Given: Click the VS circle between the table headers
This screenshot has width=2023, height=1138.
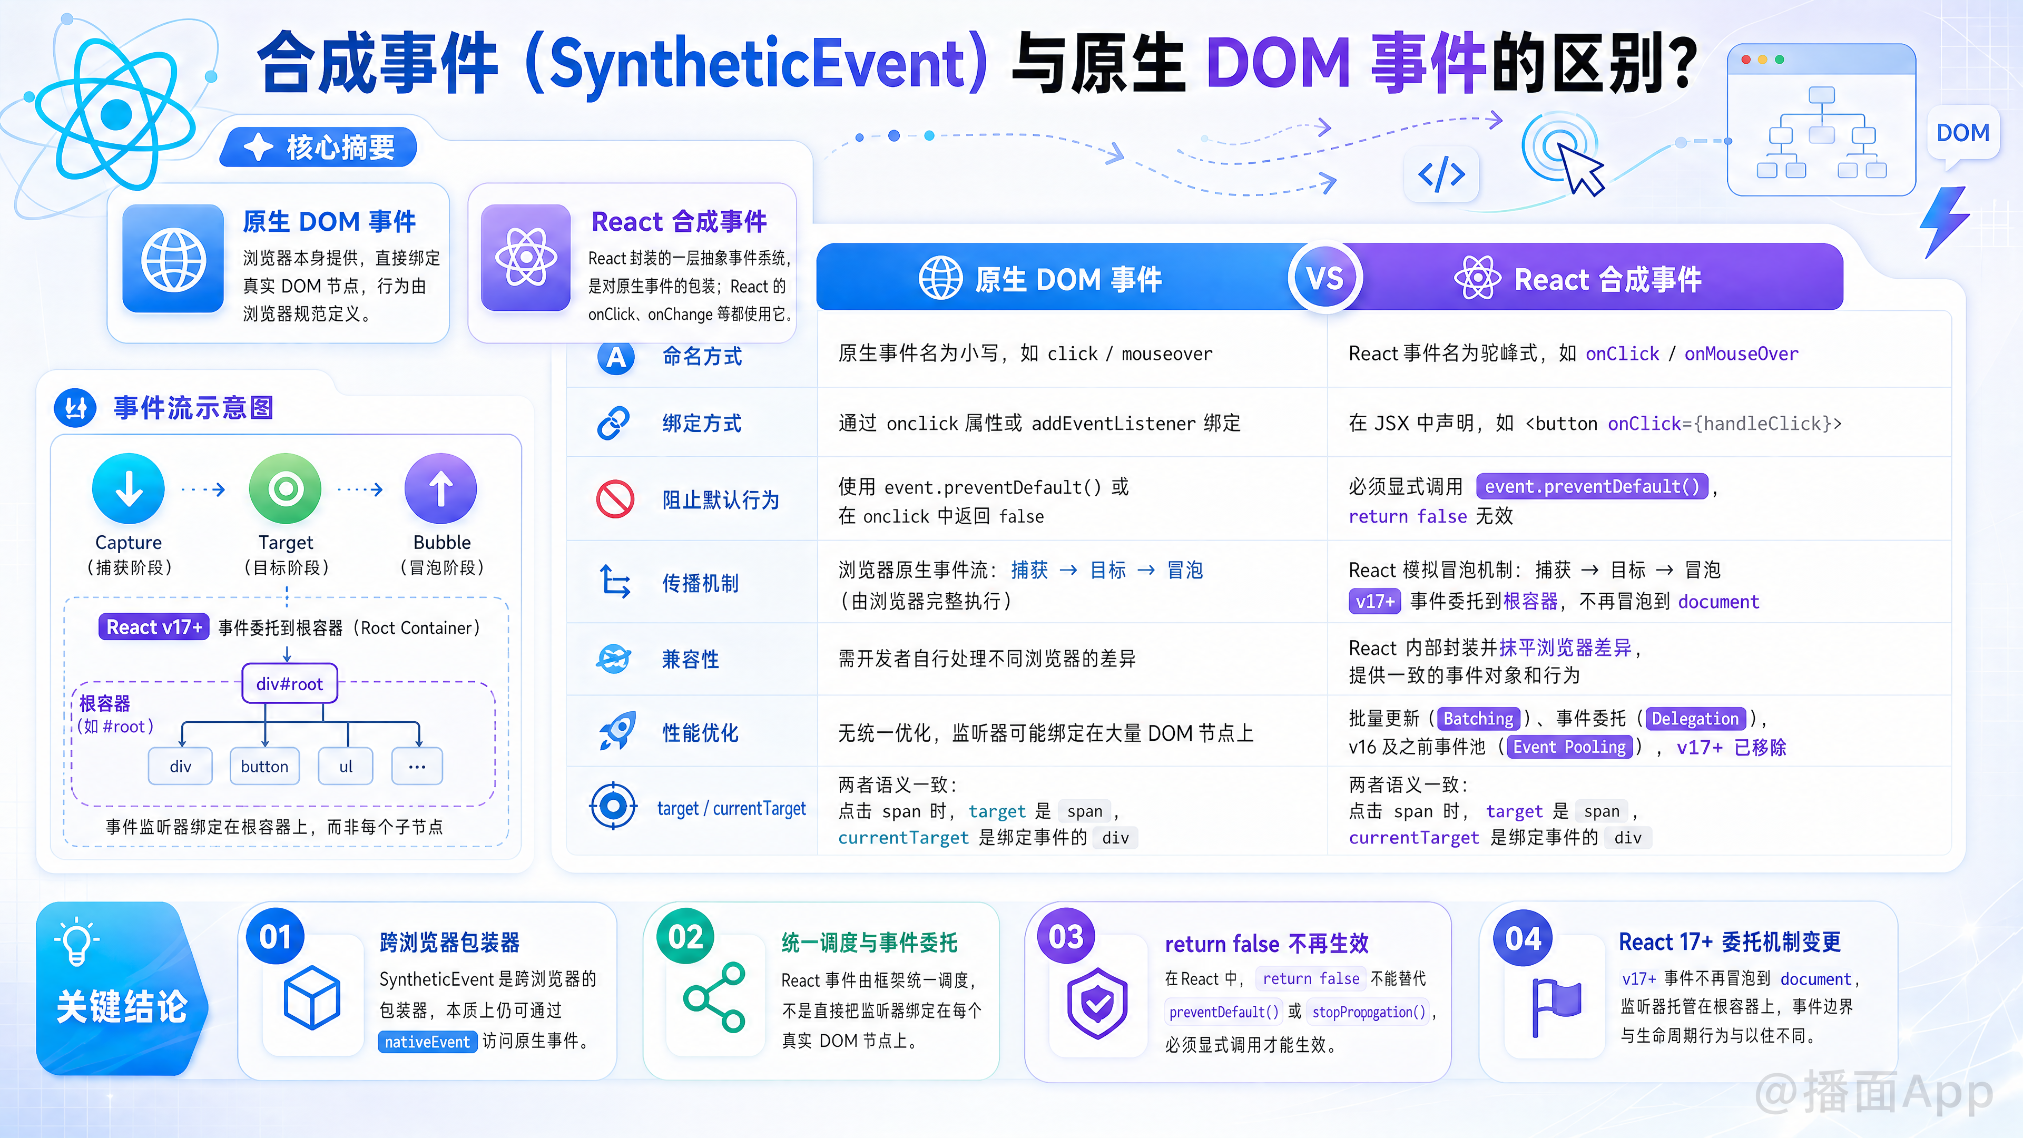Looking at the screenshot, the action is tap(1325, 278).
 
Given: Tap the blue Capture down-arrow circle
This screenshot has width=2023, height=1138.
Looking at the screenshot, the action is tap(129, 488).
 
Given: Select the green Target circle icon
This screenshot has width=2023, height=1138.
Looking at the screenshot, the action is tap(285, 488).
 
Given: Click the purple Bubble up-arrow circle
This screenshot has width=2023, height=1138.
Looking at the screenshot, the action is tap(440, 488).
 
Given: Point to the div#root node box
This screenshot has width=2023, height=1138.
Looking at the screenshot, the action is tap(290, 683).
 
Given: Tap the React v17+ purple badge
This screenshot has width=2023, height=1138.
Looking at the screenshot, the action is tap(154, 627).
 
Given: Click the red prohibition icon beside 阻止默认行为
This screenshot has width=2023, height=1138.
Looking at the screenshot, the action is tap(615, 499).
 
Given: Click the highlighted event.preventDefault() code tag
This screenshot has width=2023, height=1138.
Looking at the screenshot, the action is tap(1592, 486).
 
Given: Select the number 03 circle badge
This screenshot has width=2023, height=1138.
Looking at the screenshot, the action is tap(1066, 936).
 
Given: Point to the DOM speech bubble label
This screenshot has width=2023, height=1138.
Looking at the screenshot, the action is tap(1962, 133).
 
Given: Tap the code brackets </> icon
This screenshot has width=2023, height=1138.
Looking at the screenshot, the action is tap(1441, 174).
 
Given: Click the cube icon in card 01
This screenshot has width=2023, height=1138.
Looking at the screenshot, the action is tap(312, 997).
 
